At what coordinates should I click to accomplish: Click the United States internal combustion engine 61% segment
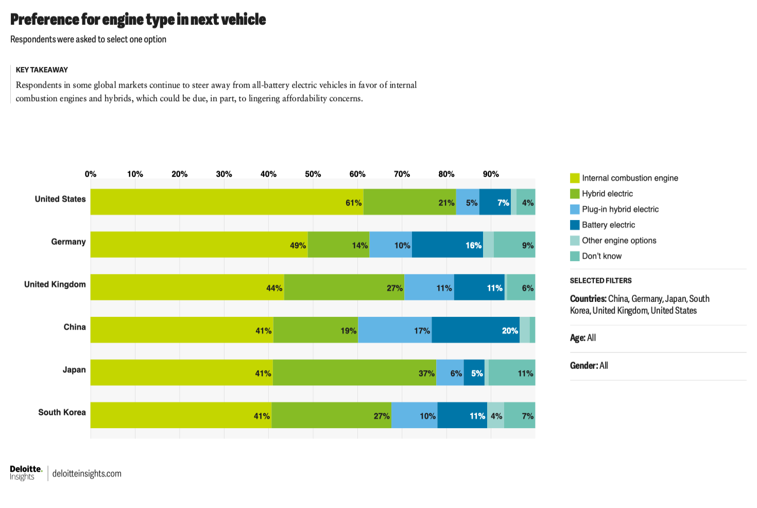pyautogui.click(x=227, y=202)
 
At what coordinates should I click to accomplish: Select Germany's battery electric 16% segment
pyautogui.click(x=447, y=245)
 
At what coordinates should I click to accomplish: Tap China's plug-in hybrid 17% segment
pyautogui.click(x=394, y=330)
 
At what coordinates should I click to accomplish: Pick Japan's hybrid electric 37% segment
pyautogui.click(x=354, y=372)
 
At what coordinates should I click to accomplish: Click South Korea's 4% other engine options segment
pyautogui.click(x=495, y=415)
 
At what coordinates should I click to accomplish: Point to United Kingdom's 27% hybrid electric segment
pyautogui.click(x=344, y=287)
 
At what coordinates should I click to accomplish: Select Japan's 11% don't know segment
pyautogui.click(x=512, y=372)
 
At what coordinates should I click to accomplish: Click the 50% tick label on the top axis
pyautogui.click(x=313, y=174)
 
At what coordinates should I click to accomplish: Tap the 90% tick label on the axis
pyautogui.click(x=490, y=174)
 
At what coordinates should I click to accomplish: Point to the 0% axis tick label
pyautogui.click(x=91, y=174)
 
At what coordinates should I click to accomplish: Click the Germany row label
pyautogui.click(x=68, y=242)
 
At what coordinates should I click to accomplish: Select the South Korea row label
pyautogui.click(x=62, y=412)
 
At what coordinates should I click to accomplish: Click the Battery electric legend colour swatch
pyautogui.click(x=575, y=225)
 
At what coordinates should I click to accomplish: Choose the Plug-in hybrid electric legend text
pyautogui.click(x=620, y=209)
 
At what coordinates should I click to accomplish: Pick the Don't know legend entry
pyautogui.click(x=601, y=256)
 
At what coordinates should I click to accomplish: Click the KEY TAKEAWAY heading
pyautogui.click(x=42, y=70)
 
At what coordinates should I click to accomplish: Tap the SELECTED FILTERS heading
pyautogui.click(x=600, y=281)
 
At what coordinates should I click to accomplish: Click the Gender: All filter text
pyautogui.click(x=589, y=366)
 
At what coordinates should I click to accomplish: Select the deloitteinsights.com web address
pyautogui.click(x=87, y=473)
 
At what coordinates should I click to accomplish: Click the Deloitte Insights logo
pyautogui.click(x=26, y=473)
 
